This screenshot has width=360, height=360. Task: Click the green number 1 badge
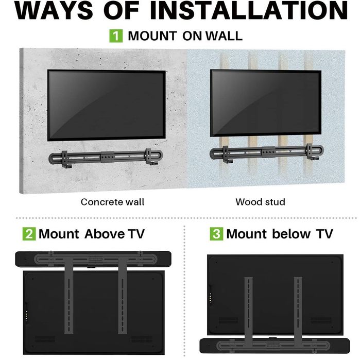[117, 36]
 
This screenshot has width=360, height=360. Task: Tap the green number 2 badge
[29, 234]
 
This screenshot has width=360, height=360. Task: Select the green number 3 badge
[216, 234]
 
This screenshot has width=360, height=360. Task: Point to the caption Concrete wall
[112, 202]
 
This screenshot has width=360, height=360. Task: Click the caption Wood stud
[261, 202]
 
